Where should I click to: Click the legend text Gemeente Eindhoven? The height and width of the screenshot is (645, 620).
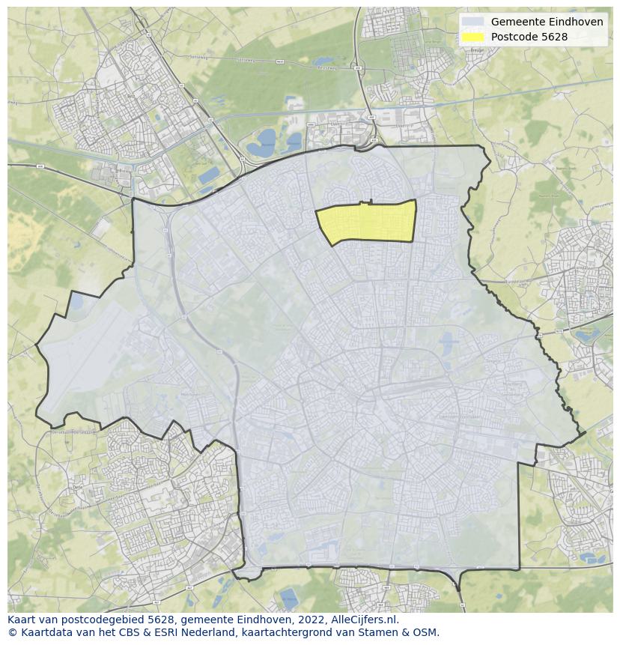point(547,22)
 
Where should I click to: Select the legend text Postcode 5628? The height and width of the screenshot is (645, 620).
point(529,37)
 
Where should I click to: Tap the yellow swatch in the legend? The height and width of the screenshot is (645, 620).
point(472,37)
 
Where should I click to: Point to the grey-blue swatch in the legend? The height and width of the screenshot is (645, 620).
point(472,22)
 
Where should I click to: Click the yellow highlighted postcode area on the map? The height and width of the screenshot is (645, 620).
point(368,222)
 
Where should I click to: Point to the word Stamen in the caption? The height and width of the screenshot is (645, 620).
point(379,632)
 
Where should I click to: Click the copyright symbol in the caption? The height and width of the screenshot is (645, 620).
point(12,632)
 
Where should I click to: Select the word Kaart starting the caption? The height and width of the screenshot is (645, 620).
point(22,620)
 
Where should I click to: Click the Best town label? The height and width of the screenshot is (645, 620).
point(131,97)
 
